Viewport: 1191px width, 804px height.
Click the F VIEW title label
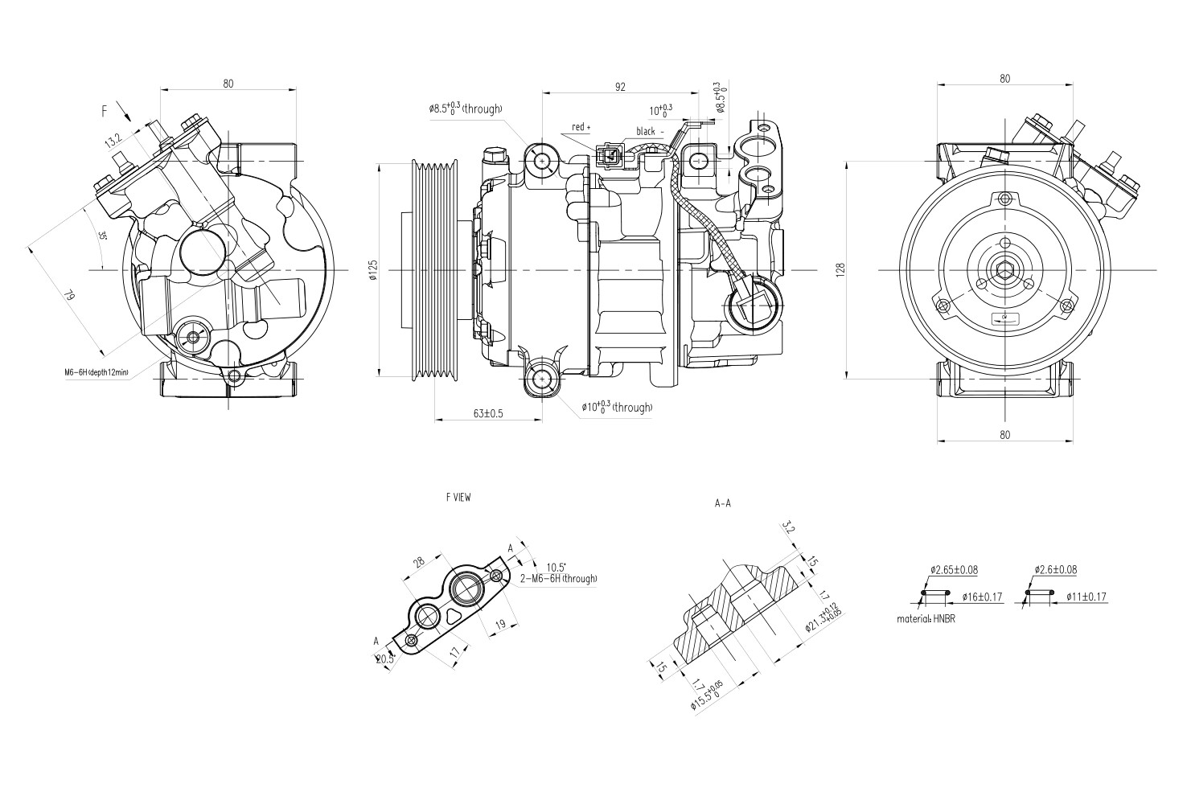(x=458, y=498)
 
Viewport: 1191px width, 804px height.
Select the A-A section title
(x=722, y=504)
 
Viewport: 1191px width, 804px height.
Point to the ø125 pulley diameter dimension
(x=372, y=272)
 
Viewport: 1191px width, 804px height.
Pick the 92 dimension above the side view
(x=620, y=87)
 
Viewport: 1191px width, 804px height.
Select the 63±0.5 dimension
(x=488, y=413)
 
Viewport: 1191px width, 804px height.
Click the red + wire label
(x=581, y=128)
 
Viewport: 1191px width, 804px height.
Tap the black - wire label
(x=650, y=131)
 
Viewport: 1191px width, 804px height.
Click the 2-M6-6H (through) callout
(x=558, y=578)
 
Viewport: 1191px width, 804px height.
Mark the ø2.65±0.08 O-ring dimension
(x=954, y=570)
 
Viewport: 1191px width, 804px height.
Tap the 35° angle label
(x=102, y=237)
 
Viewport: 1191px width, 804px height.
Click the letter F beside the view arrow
(x=104, y=112)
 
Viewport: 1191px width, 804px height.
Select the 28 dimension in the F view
(x=419, y=563)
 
